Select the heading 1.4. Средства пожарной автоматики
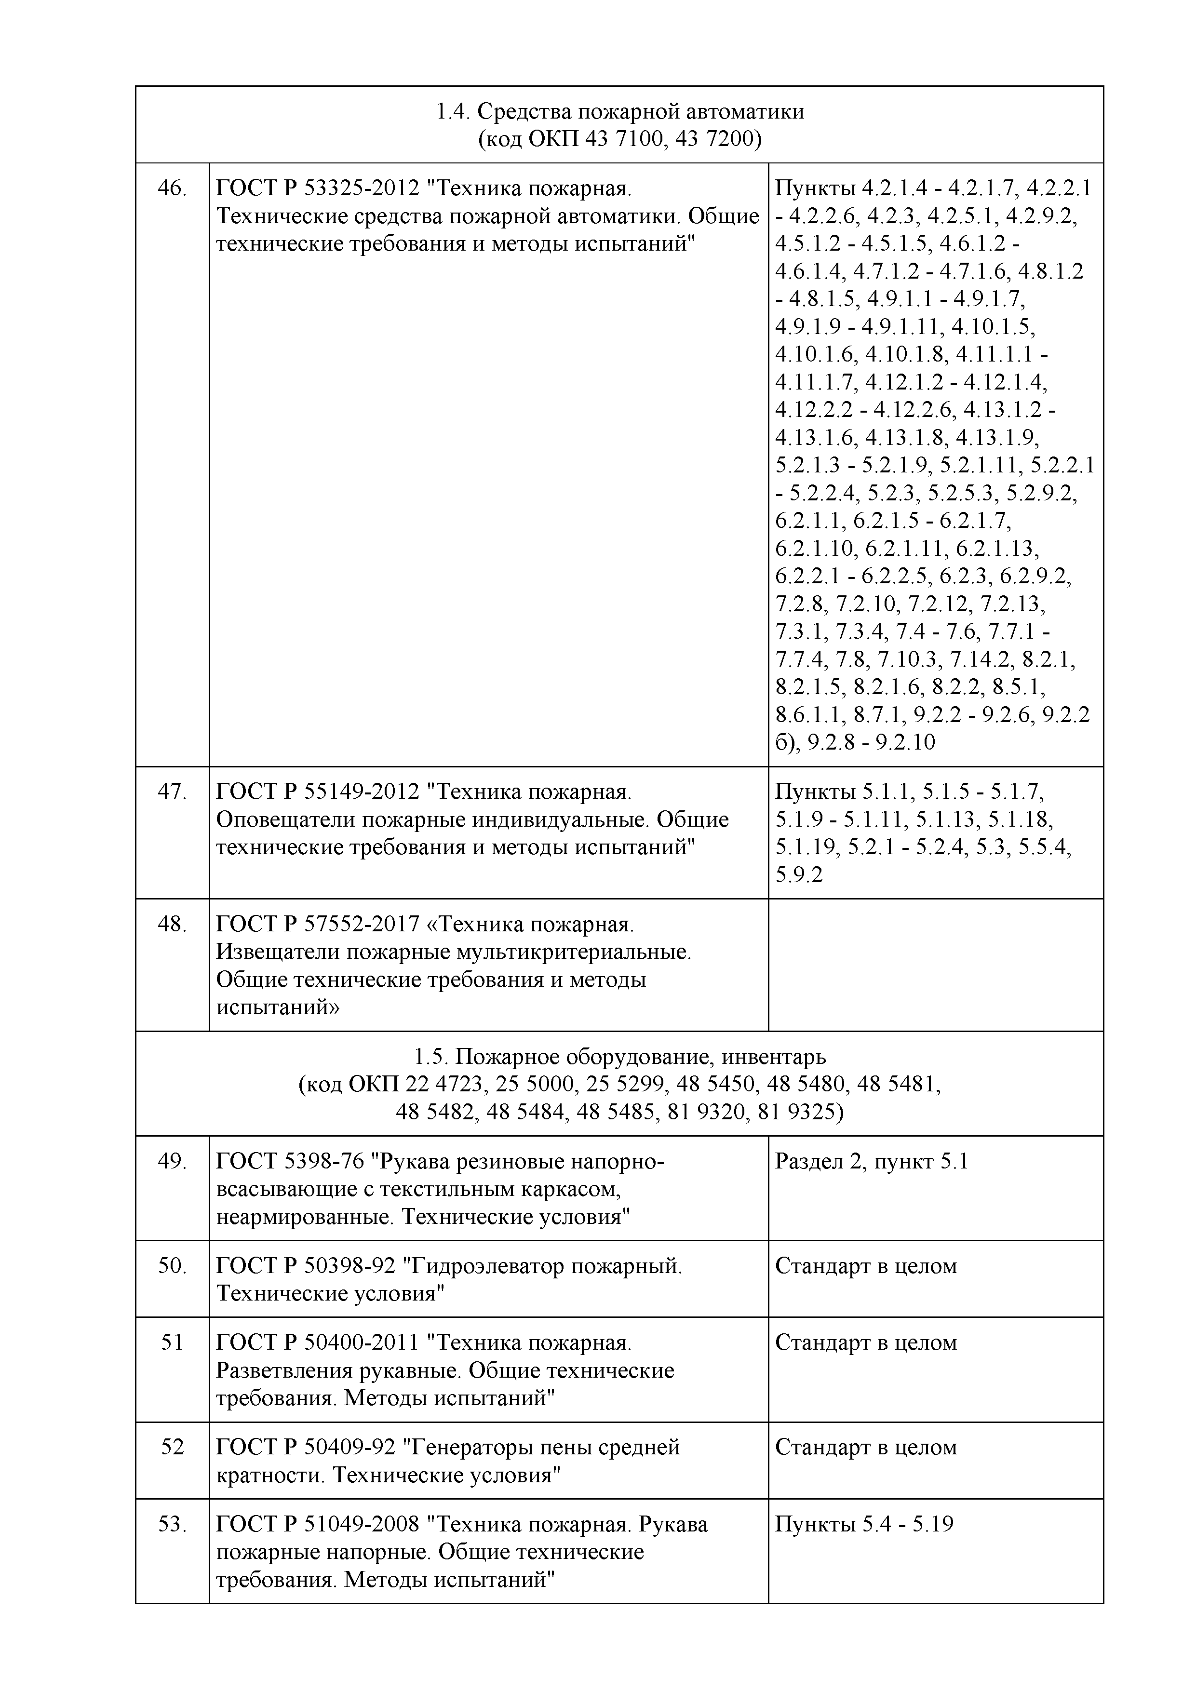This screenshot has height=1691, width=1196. click(619, 111)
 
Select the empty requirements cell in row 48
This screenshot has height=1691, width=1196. click(935, 965)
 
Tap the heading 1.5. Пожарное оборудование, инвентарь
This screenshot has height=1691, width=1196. click(619, 1057)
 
